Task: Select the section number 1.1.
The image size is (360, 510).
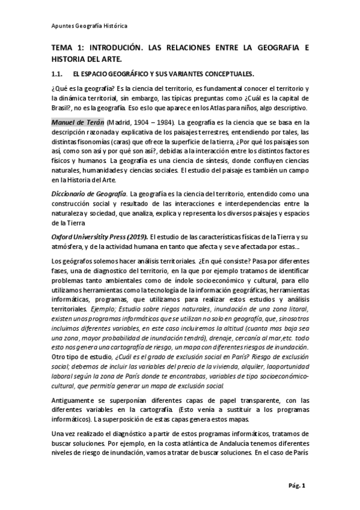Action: tap(58, 74)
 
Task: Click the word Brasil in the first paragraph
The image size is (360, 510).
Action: tap(63, 108)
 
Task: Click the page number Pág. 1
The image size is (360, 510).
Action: tap(297, 484)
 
